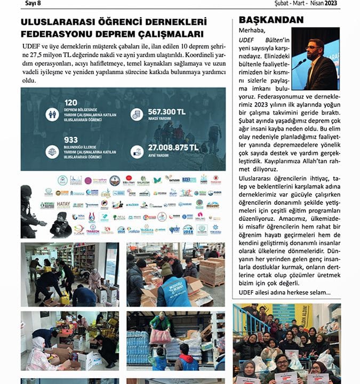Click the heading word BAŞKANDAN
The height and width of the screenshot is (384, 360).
point(271,20)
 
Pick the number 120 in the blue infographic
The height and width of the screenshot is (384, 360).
point(71,102)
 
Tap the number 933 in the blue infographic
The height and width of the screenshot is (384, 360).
point(71,139)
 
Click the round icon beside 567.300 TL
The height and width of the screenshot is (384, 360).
point(137,114)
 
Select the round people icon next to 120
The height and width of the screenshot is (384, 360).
point(52,114)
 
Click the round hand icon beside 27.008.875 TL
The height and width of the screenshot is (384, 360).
point(137,151)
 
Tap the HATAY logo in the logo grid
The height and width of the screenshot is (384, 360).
point(63,204)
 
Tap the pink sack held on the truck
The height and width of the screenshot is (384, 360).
point(161,335)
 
